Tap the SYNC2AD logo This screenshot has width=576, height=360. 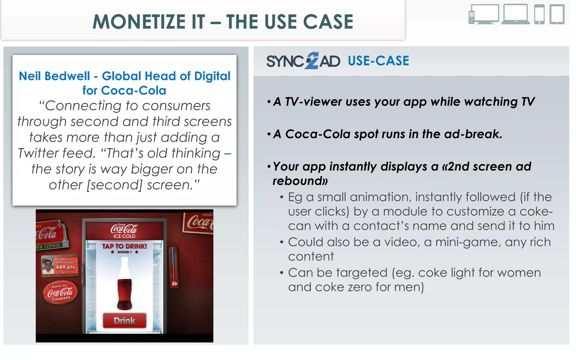click(303, 61)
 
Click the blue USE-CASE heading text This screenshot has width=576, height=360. click(378, 61)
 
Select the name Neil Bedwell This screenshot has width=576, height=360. click(54, 76)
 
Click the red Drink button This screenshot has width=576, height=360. click(125, 321)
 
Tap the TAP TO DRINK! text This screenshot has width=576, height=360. click(124, 246)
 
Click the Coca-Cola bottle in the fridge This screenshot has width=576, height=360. click(124, 284)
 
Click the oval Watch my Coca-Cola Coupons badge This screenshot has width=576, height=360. click(60, 293)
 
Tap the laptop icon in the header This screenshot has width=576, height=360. click(515, 14)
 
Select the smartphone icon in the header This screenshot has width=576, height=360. click(539, 14)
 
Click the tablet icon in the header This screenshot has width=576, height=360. click(557, 14)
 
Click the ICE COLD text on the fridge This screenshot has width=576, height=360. click(124, 236)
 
